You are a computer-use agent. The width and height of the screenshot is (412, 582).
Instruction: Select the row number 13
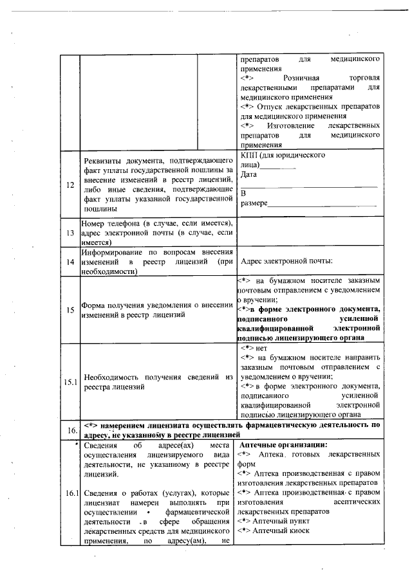(69, 233)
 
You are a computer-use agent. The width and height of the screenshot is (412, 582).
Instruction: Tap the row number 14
(69, 262)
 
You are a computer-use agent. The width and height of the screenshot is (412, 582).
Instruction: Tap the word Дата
(248, 174)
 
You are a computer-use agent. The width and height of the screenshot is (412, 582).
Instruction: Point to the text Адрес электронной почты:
(286, 262)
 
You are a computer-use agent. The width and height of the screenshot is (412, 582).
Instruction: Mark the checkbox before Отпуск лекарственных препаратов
(247, 105)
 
